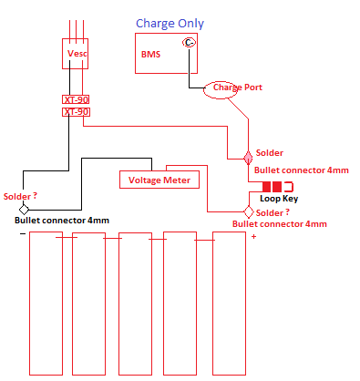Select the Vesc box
tap(76, 54)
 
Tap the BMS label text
tap(150, 55)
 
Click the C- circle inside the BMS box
tap(189, 43)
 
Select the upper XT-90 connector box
tap(76, 98)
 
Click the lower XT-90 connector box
tap(76, 111)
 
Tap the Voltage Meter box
tap(159, 180)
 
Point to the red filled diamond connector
tap(246, 157)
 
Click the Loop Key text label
tap(278, 199)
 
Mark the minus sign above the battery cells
tap(22, 233)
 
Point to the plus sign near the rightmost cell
tap(253, 237)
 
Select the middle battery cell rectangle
tap(135, 303)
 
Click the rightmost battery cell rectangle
tap(230, 303)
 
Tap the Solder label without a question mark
tap(270, 153)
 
